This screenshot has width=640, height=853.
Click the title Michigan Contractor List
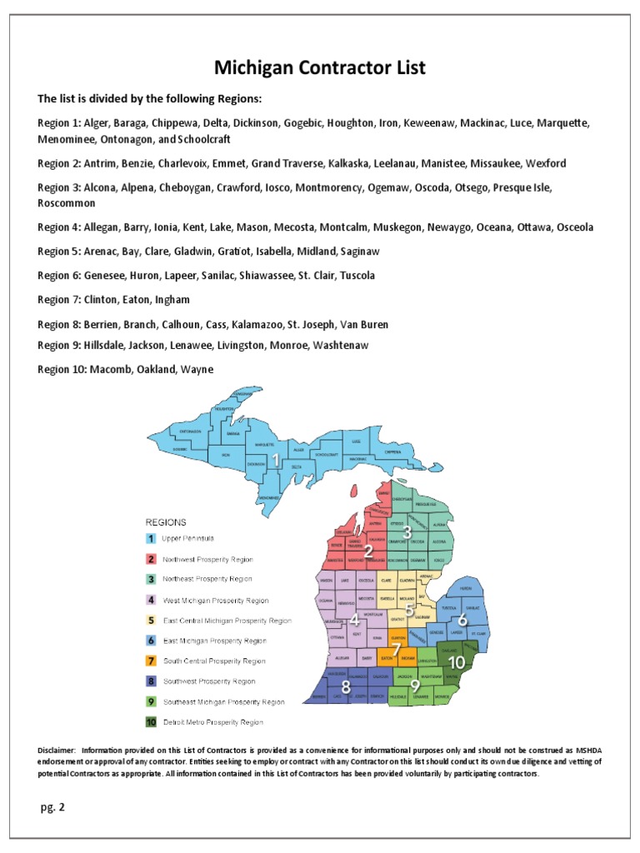320,67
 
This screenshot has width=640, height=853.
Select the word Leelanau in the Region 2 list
444,163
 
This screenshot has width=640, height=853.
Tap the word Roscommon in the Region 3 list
67,203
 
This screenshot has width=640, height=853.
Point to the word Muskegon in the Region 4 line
396,227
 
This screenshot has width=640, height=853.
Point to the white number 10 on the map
455,661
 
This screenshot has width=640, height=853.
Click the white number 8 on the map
346,687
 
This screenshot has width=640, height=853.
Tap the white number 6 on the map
462,619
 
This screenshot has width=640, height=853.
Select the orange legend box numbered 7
152,661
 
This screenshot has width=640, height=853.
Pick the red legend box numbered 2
152,559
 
